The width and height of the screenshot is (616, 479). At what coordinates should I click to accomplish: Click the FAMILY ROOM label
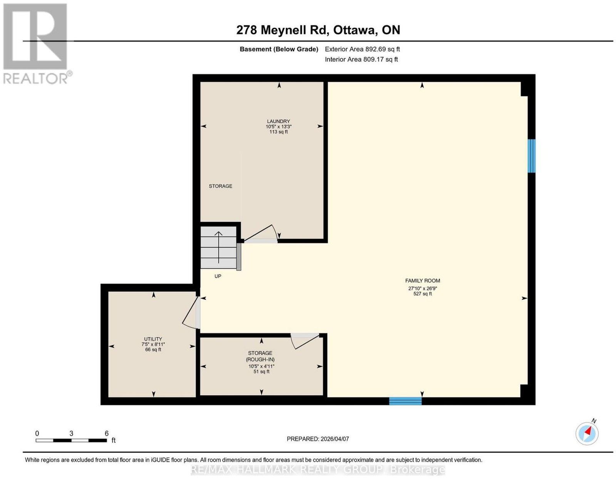point(422,281)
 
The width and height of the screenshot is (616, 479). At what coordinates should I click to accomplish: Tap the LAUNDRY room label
point(278,121)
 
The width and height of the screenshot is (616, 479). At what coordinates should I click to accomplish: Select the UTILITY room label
point(153,339)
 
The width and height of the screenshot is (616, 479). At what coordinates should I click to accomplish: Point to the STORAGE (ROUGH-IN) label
point(260,356)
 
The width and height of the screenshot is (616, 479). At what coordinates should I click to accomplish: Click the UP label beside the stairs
point(218,276)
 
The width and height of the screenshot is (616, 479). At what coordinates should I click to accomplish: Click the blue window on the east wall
point(531,156)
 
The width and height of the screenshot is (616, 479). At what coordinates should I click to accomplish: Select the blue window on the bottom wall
point(405,401)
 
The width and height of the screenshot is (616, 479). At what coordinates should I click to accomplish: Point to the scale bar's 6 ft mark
point(107,434)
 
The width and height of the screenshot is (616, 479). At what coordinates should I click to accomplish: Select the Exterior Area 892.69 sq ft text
point(362,49)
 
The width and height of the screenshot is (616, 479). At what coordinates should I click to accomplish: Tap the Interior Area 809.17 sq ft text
point(362,59)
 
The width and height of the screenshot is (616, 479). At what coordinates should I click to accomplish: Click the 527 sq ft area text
point(422,294)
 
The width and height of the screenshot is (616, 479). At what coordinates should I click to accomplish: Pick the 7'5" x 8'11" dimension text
point(153,344)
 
